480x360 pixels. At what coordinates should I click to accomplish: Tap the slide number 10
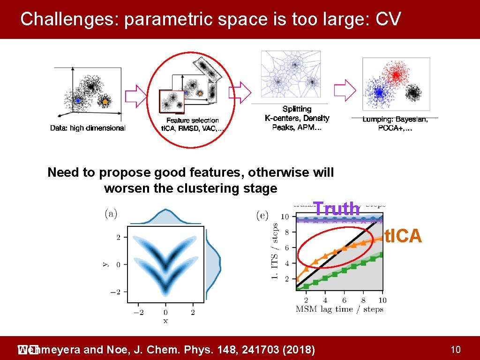455,349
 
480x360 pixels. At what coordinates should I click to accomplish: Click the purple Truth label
337,209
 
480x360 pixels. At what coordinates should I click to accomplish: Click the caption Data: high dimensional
88,128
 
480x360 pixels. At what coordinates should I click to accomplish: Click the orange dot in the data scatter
105,101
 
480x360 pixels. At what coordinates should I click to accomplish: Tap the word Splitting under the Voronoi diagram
297,109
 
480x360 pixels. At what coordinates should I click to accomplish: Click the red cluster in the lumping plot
395,75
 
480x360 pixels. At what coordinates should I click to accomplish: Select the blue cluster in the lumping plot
379,90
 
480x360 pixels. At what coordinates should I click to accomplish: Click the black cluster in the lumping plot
413,93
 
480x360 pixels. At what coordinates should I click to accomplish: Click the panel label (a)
111,214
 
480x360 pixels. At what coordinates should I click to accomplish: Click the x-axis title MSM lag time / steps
340,309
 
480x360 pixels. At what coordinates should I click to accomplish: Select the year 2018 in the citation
301,350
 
